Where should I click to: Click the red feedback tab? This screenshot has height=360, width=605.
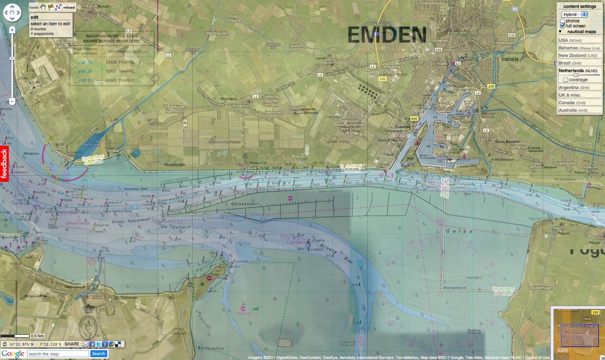(x=4, y=163)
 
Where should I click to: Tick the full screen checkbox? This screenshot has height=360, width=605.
(x=562, y=26)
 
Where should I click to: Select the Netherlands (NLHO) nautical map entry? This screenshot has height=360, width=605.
(x=578, y=71)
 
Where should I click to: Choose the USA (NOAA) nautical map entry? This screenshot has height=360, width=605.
(x=570, y=40)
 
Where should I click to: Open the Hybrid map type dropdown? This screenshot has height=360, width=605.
(x=574, y=14)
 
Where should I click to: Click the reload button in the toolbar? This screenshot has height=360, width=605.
(x=69, y=7)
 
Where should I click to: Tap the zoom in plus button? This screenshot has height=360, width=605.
(x=12, y=30)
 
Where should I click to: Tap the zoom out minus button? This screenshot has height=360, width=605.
(x=12, y=101)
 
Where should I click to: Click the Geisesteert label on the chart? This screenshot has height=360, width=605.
(x=245, y=204)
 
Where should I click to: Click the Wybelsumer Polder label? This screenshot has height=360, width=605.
(x=224, y=142)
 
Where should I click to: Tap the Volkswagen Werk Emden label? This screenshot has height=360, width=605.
(x=350, y=125)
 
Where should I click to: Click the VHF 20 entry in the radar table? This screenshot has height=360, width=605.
(x=85, y=71)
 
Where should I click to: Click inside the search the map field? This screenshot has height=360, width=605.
(x=58, y=354)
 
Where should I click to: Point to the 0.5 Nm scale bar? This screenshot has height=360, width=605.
(x=15, y=336)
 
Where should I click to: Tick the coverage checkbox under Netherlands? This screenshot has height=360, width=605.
(x=565, y=80)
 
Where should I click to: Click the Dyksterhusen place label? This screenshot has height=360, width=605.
(x=541, y=288)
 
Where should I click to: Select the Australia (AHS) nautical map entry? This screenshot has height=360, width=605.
(x=573, y=110)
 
